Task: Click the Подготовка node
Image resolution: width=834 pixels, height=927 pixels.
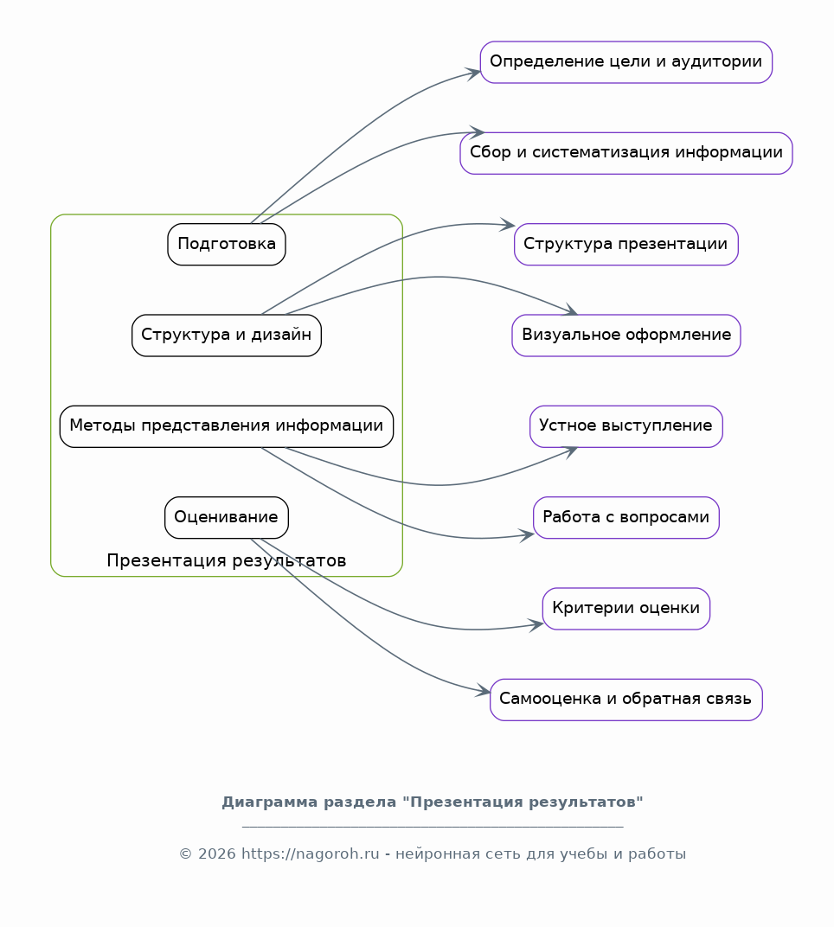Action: click(227, 244)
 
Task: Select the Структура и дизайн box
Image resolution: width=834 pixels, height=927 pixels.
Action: click(227, 335)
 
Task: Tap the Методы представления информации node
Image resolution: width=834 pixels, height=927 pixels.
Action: click(227, 426)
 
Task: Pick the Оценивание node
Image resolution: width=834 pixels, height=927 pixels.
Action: click(227, 517)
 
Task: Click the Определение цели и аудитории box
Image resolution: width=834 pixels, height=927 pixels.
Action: click(625, 62)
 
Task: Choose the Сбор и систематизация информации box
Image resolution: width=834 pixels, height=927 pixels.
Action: click(625, 153)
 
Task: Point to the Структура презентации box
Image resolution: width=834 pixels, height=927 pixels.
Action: click(625, 244)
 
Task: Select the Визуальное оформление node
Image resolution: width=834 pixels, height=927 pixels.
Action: click(625, 335)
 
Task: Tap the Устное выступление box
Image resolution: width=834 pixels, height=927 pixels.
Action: click(625, 426)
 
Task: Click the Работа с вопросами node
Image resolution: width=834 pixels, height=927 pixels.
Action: click(625, 517)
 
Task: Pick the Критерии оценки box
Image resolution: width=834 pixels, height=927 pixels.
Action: click(625, 609)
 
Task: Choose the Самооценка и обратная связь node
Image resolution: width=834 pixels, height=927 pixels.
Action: click(625, 700)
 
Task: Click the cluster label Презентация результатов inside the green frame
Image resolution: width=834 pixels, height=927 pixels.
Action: click(227, 561)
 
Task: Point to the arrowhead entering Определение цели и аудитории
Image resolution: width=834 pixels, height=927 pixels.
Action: click(475, 73)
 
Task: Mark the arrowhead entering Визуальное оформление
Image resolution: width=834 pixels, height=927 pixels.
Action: click(571, 310)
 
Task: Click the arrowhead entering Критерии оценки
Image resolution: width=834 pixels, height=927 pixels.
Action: click(537, 623)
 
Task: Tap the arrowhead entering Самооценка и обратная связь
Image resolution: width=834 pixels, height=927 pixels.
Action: click(484, 692)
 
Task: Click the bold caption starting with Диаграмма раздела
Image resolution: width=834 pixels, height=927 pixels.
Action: click(433, 802)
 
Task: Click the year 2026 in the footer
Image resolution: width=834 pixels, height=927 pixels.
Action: click(217, 854)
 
